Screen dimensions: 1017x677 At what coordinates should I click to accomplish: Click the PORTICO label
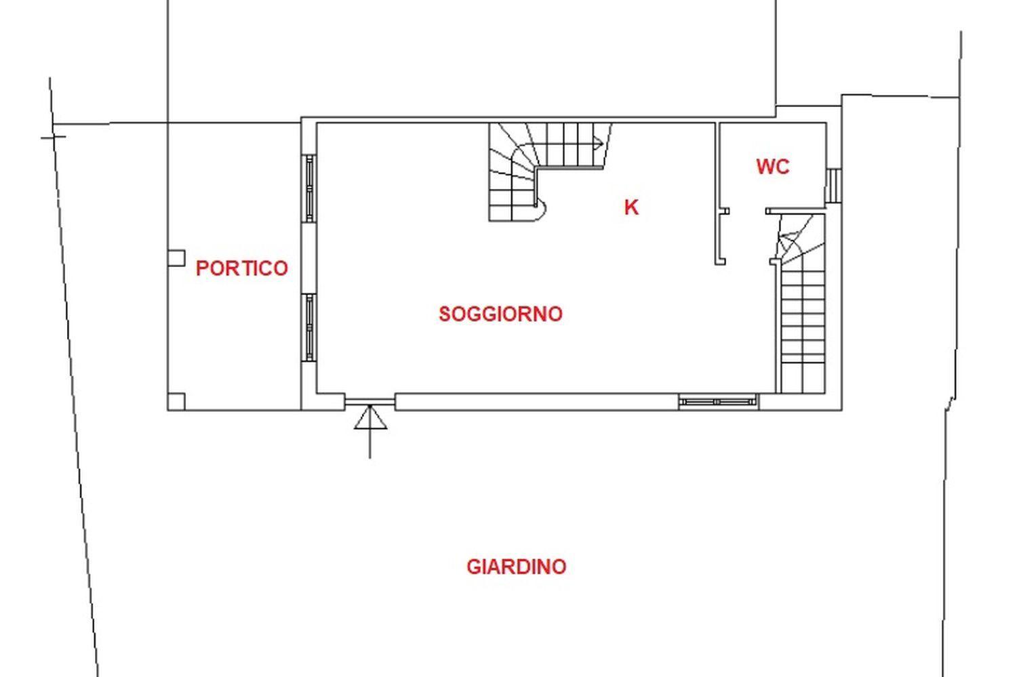click(x=241, y=268)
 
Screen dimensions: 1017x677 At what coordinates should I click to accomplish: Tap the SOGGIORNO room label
click(x=500, y=314)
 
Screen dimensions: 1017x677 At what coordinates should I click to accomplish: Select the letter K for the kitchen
click(x=631, y=207)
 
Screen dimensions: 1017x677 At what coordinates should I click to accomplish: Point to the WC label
click(x=773, y=167)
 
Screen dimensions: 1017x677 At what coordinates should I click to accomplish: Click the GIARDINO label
click(x=516, y=567)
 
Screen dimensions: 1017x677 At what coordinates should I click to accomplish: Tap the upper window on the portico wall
click(x=309, y=188)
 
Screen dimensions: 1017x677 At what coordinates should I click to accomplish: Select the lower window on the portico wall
click(x=309, y=327)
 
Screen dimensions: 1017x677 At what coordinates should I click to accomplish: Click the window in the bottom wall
click(x=718, y=402)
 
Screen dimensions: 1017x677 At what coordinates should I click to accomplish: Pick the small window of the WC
click(x=833, y=185)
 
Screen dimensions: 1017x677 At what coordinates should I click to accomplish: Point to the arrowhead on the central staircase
click(x=599, y=144)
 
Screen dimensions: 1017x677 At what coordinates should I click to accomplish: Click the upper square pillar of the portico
click(x=176, y=258)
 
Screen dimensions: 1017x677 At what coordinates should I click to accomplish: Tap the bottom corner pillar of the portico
click(x=176, y=402)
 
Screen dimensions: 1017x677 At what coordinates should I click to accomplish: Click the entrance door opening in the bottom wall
click(x=370, y=402)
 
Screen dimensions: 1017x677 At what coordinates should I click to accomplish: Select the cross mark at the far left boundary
click(x=53, y=137)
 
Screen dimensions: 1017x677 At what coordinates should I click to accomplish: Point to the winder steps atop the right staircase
click(x=801, y=240)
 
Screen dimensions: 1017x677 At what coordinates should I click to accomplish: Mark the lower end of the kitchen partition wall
click(x=720, y=262)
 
